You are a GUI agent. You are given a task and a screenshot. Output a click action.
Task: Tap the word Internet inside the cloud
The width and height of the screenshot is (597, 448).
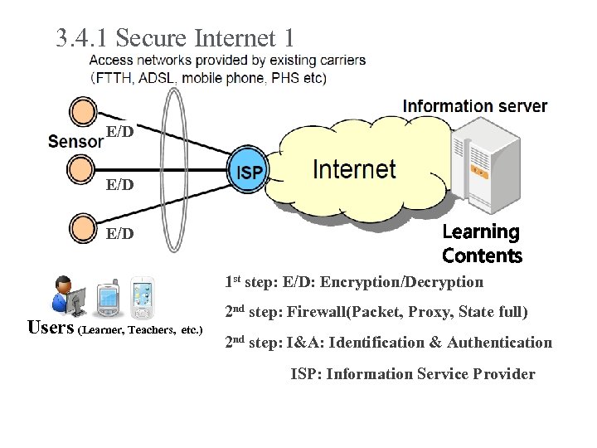point(354,170)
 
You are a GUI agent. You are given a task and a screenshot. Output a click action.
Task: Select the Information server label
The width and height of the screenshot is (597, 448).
point(474,106)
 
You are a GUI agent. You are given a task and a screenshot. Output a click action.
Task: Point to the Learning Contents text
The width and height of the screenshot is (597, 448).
point(482,243)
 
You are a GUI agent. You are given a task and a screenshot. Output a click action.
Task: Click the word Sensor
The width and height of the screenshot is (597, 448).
point(75,140)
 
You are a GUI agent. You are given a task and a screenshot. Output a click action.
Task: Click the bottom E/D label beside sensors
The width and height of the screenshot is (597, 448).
point(120,234)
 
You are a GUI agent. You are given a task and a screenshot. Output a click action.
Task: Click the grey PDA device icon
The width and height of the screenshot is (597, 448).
point(109,300)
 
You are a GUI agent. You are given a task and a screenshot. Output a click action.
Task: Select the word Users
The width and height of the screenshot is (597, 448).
point(51,327)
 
